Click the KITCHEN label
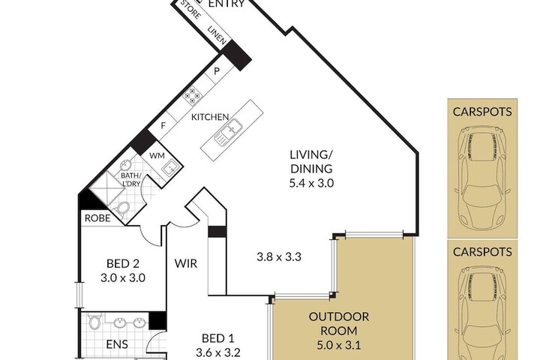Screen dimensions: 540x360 (210, 117)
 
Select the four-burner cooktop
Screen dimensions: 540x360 (192, 95)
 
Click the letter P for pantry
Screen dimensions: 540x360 (217, 71)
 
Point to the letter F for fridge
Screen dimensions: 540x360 (163, 126)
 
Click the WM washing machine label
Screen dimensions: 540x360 (157, 156)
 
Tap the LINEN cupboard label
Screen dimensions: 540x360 (217, 35)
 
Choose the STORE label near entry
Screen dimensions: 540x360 (190, 10)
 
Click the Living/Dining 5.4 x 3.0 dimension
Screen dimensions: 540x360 (311, 183)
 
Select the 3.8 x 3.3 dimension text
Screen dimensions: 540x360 (279, 256)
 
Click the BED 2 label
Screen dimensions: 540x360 (123, 263)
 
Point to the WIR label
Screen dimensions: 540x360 (186, 263)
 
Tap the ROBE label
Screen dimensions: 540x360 (97, 218)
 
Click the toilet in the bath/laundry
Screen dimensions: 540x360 (122, 208)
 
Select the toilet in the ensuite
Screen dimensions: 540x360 (94, 322)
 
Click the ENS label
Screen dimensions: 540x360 (117, 344)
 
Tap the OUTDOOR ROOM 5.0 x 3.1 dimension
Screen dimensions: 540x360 (339, 345)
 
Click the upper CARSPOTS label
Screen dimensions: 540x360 (482, 112)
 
